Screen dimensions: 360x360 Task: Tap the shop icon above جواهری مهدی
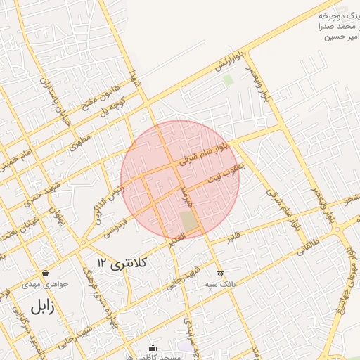tap(46, 273)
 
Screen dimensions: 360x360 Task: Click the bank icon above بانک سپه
tap(220, 274)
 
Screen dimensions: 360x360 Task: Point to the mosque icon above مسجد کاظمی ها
tap(153, 347)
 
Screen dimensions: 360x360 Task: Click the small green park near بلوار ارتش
tap(228, 79)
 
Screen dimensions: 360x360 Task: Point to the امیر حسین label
tap(340, 37)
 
